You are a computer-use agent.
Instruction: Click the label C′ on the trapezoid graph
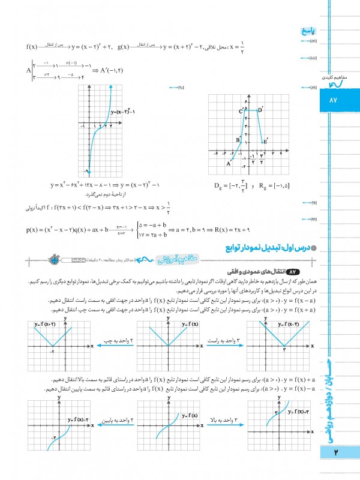point(241,111)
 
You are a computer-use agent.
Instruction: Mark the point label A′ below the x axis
point(229,163)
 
